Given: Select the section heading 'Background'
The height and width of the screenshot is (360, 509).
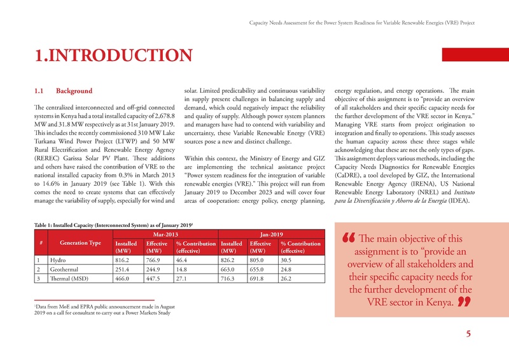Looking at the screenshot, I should [x=74, y=91].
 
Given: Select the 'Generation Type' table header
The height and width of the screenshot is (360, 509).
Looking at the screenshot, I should [x=81, y=243].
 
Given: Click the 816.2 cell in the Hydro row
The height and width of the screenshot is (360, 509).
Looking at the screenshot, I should [x=122, y=260].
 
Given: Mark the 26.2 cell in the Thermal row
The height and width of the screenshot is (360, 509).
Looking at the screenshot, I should [x=286, y=279].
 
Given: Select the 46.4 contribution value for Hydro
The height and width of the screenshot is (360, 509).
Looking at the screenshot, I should [x=183, y=260].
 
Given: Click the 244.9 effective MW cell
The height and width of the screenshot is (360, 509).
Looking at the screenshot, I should [x=153, y=269].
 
